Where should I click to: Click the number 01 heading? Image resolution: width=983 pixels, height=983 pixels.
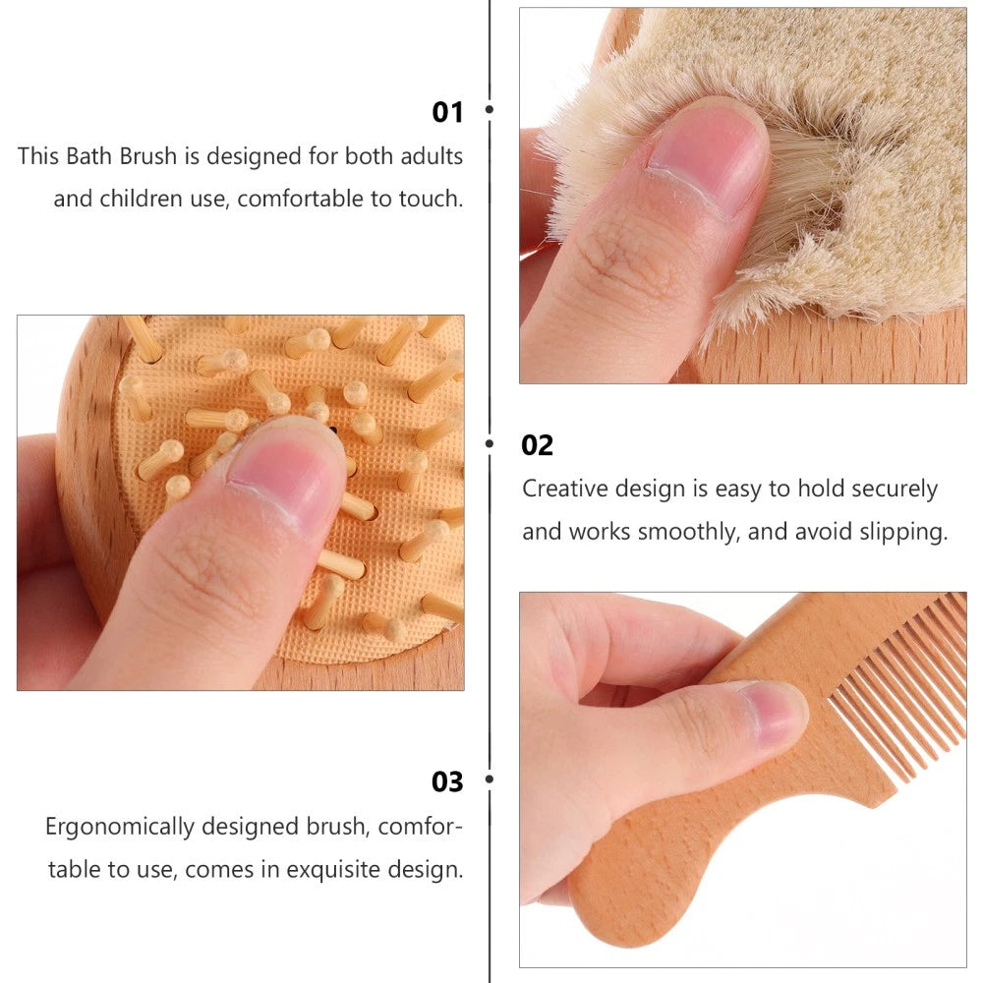[447, 112]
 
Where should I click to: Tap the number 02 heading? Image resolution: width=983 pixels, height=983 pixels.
[537, 445]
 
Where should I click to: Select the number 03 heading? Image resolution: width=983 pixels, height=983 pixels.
[447, 781]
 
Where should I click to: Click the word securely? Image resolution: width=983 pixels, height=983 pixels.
[894, 489]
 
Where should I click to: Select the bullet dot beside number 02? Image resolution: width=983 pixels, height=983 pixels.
[490, 443]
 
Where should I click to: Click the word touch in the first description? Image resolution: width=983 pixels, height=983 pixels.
[430, 199]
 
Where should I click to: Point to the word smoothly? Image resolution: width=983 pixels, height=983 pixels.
[689, 532]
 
